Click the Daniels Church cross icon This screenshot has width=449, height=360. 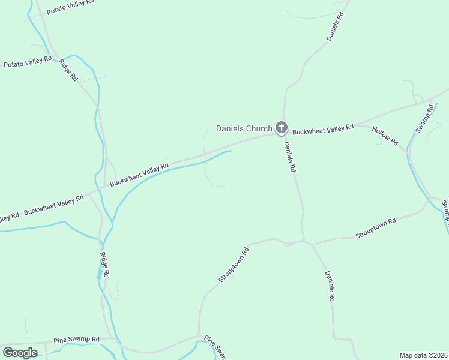281,127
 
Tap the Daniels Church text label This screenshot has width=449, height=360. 244,128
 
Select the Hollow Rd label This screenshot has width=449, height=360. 385,136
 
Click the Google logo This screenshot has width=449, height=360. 20,352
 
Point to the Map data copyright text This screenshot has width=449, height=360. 423,355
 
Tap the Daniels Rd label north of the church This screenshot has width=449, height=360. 335,26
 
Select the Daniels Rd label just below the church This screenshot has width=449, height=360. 290,157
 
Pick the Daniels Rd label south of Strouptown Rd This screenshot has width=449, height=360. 330,286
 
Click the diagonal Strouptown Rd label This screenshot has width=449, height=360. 234,265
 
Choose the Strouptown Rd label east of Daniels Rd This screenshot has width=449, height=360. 376,229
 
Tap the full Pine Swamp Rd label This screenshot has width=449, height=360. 76,340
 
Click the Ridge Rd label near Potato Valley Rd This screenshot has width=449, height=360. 68,70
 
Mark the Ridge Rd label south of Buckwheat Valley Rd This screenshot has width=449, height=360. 104,265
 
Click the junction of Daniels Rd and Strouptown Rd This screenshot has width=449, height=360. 305,242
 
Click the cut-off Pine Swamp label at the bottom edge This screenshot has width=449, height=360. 215,348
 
